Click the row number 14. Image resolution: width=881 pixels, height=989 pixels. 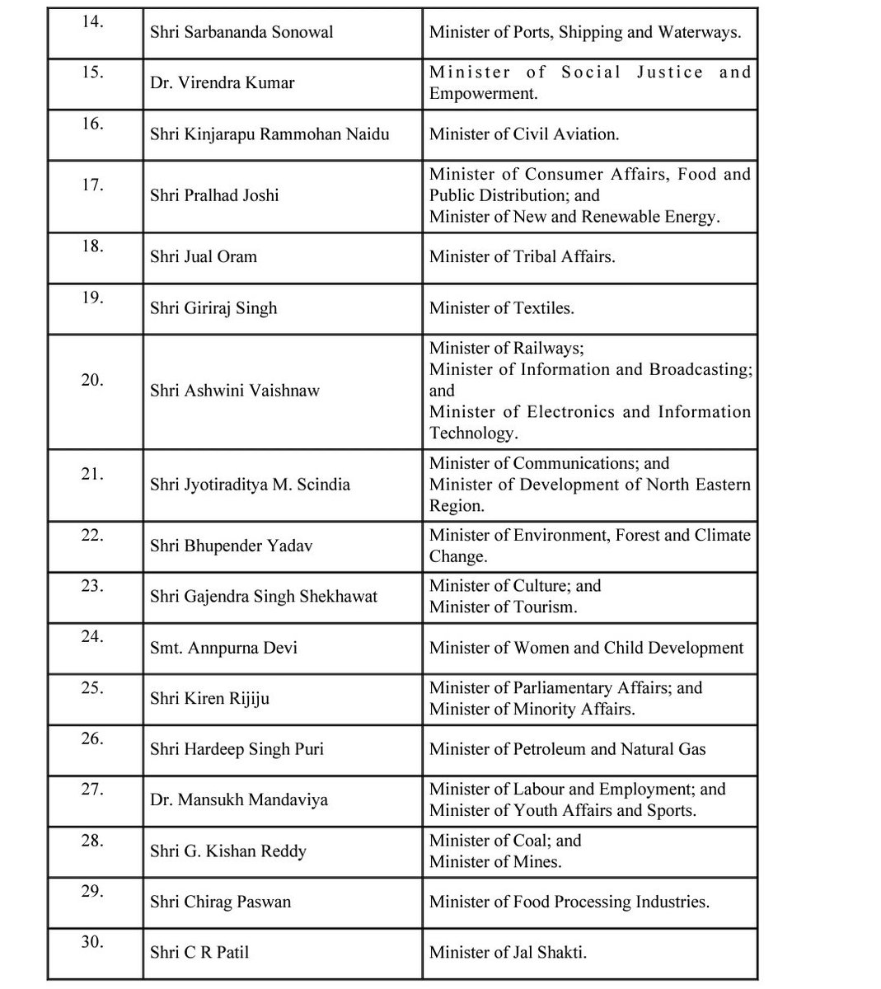coord(92,21)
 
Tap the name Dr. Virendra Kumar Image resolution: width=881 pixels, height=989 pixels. coord(222,83)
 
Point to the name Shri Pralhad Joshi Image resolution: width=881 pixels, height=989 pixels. coord(214,195)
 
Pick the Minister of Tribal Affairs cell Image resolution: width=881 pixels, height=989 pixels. coord(522,256)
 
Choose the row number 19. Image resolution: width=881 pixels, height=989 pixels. coord(92,298)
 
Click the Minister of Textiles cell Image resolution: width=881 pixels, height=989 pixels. coord(502,308)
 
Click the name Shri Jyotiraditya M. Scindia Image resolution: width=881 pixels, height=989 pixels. coord(250,485)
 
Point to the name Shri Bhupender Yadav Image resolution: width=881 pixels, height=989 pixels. coord(232,546)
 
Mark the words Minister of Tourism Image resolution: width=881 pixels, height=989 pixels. coord(503,607)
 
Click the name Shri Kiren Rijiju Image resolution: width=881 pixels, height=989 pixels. coord(209,699)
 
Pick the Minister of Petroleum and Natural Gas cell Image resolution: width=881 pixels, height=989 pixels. coord(567,749)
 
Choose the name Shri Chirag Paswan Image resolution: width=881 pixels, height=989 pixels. coord(220,902)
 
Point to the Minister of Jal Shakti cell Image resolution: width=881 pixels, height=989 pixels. coord(508,953)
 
